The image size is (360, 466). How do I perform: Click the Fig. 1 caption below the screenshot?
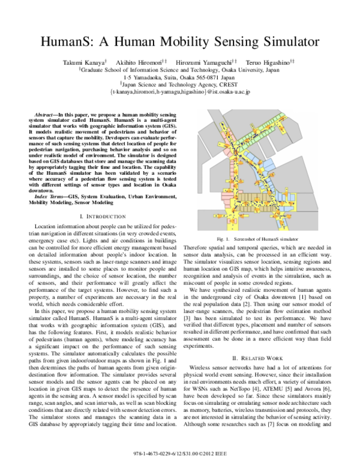pos(262,239)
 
